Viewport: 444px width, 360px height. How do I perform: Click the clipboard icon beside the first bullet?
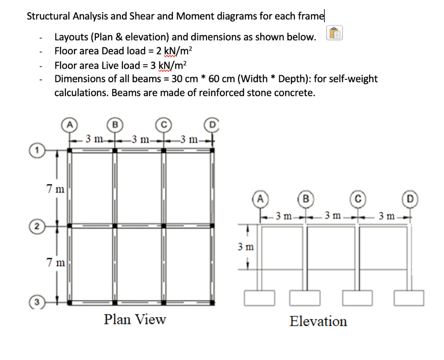point(335,33)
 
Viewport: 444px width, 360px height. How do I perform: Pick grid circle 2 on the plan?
point(38,226)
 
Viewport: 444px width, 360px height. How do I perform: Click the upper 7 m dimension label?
point(55,189)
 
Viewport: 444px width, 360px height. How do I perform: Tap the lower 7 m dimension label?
point(55,263)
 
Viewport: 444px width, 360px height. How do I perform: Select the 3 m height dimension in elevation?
point(245,247)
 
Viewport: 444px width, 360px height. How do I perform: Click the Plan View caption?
point(134,320)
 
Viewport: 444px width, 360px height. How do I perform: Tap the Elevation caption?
point(318,321)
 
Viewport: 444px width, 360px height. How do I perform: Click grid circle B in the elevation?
point(306,200)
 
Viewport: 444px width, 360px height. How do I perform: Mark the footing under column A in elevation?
point(259,298)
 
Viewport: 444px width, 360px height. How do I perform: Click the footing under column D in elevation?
point(409,298)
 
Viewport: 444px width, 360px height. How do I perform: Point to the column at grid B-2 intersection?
point(115,226)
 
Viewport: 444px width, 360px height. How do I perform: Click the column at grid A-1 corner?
point(70,150)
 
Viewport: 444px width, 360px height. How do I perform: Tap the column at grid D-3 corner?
point(212,302)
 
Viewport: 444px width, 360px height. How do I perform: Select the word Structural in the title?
point(49,16)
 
